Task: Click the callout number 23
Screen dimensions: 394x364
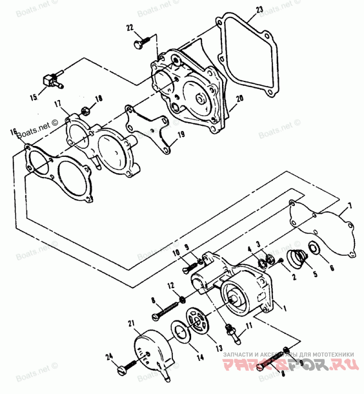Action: click(x=259, y=10)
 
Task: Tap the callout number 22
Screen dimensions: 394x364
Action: click(x=130, y=28)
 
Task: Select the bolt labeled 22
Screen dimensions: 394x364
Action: click(x=140, y=43)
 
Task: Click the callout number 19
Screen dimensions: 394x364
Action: click(x=181, y=135)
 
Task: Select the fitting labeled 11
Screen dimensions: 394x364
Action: click(x=231, y=330)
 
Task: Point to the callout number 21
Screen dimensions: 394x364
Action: click(x=131, y=324)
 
